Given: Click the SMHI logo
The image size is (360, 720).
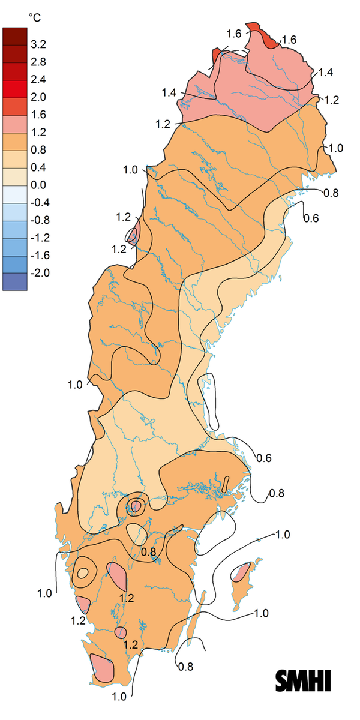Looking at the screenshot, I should coord(303,681).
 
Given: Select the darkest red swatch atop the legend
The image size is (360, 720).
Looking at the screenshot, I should coord(14,36).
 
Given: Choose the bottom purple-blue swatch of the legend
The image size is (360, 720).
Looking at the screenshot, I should coord(14,281).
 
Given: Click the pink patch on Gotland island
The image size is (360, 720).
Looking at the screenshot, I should coord(241,572).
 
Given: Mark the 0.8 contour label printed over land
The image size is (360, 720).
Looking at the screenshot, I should coord(148,551).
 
